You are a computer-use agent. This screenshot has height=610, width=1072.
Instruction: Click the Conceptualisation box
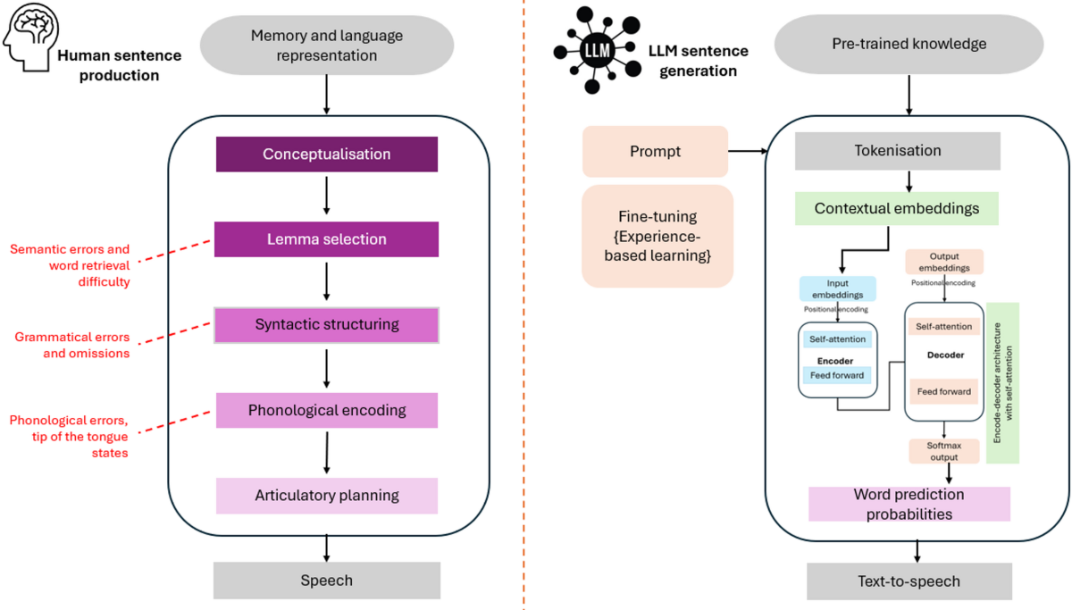pyautogui.click(x=326, y=154)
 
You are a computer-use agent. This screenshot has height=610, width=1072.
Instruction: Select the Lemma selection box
pyautogui.click(x=326, y=238)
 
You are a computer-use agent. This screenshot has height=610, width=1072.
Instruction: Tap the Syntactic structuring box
pyautogui.click(x=326, y=324)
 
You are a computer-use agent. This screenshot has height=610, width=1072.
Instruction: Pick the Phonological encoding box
pyautogui.click(x=326, y=410)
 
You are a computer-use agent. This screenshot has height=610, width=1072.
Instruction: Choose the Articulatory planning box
pyautogui.click(x=326, y=495)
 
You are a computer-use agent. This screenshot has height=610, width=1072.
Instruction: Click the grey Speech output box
pyautogui.click(x=326, y=580)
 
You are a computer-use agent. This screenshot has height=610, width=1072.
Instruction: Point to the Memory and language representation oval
pyautogui.click(x=326, y=46)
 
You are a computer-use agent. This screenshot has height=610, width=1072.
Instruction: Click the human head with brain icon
pyautogui.click(x=28, y=41)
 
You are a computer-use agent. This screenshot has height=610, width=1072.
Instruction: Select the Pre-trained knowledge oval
pyautogui.click(x=909, y=43)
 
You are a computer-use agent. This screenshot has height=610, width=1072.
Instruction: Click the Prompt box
pyautogui.click(x=656, y=151)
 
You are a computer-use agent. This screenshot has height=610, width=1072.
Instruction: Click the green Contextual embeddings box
pyautogui.click(x=896, y=208)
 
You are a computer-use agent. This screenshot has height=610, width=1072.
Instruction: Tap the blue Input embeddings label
pyautogui.click(x=837, y=288)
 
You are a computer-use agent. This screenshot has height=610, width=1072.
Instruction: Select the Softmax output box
pyautogui.click(x=945, y=450)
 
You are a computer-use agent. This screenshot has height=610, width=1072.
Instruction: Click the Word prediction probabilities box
pyautogui.click(x=909, y=504)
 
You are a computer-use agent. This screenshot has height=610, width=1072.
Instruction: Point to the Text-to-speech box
pyautogui.click(x=909, y=581)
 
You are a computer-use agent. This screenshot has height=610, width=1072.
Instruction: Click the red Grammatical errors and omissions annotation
pyautogui.click(x=72, y=345)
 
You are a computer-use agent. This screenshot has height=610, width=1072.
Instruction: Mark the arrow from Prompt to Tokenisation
pyautogui.click(x=749, y=151)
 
